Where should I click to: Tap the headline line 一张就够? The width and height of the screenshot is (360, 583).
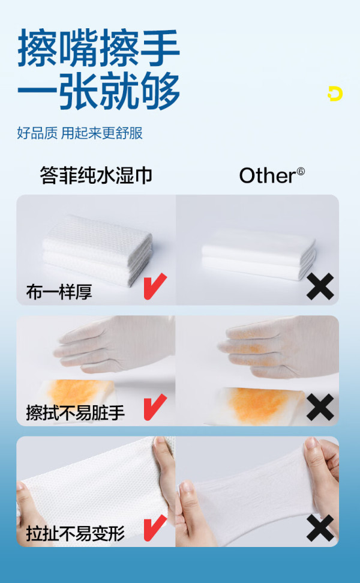[x=99, y=91]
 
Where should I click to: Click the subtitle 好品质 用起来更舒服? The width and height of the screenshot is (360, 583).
[x=80, y=133]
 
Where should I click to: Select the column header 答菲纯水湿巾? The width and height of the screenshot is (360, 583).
[x=96, y=175]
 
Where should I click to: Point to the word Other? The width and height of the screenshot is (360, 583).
[x=268, y=175]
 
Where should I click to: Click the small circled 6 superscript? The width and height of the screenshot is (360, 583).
[x=301, y=172]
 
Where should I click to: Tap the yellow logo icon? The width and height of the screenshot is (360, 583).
[x=335, y=93]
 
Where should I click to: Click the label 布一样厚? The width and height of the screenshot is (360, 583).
[x=59, y=291]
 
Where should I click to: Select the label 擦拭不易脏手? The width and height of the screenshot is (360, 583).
[x=76, y=412]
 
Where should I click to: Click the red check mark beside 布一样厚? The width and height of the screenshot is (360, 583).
[x=155, y=286]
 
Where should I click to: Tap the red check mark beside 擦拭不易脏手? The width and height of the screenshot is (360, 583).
[x=155, y=407]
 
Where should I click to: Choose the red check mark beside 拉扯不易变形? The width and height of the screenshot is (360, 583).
[x=155, y=528]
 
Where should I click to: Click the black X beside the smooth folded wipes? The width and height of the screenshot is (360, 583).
[x=320, y=286]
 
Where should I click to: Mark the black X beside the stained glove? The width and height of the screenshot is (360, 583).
[x=320, y=408]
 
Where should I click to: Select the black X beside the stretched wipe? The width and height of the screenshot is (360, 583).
[x=320, y=528]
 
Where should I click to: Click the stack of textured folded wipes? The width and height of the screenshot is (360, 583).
[x=97, y=250]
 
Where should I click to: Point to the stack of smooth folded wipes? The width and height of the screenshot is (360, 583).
[x=259, y=254]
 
